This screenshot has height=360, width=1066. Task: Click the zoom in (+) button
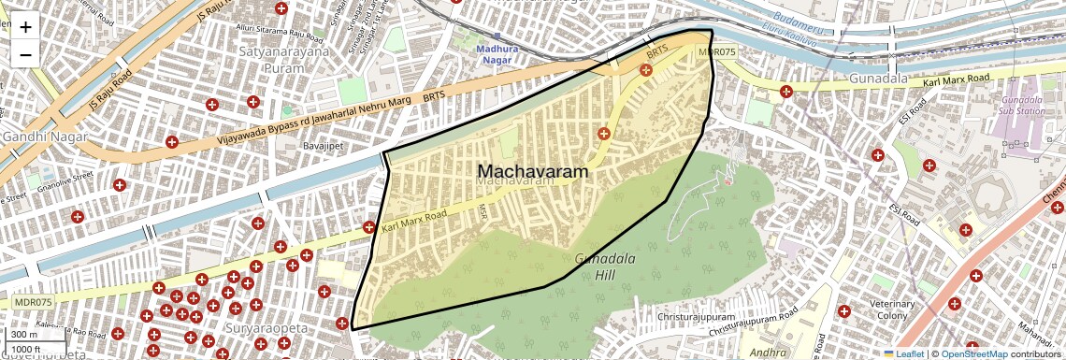coord(25,27)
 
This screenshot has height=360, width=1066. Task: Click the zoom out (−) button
coord(25,54)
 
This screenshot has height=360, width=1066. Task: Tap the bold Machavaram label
coord(533,172)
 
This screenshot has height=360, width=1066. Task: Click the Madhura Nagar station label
coord(497,54)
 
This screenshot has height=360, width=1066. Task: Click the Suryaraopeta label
coord(265,329)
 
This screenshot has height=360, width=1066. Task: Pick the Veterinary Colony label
coord(891,310)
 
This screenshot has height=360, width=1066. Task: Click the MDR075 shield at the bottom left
coord(33,302)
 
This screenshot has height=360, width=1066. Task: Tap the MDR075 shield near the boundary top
coord(716,52)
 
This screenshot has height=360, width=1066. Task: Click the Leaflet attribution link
coord(904,354)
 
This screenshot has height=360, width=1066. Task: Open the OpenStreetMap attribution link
coord(973,354)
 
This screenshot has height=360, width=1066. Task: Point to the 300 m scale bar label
coord(25,335)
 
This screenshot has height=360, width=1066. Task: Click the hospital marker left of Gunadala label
coord(786,92)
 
